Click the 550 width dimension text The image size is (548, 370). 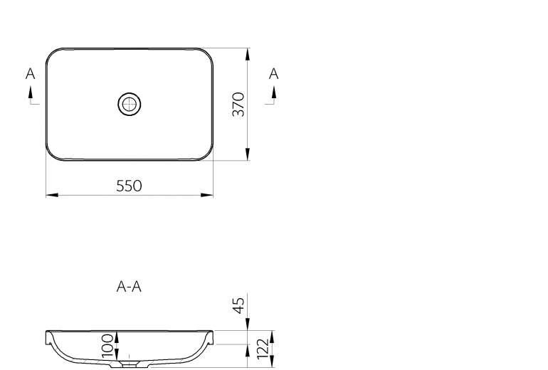click(x=129, y=186)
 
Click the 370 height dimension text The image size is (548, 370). click(x=238, y=105)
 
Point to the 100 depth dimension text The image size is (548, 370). click(x=107, y=346)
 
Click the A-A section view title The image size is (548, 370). click(x=129, y=287)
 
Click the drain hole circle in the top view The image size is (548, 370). click(x=130, y=104)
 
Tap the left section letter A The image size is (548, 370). click(x=31, y=74)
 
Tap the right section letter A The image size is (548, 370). click(x=274, y=74)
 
